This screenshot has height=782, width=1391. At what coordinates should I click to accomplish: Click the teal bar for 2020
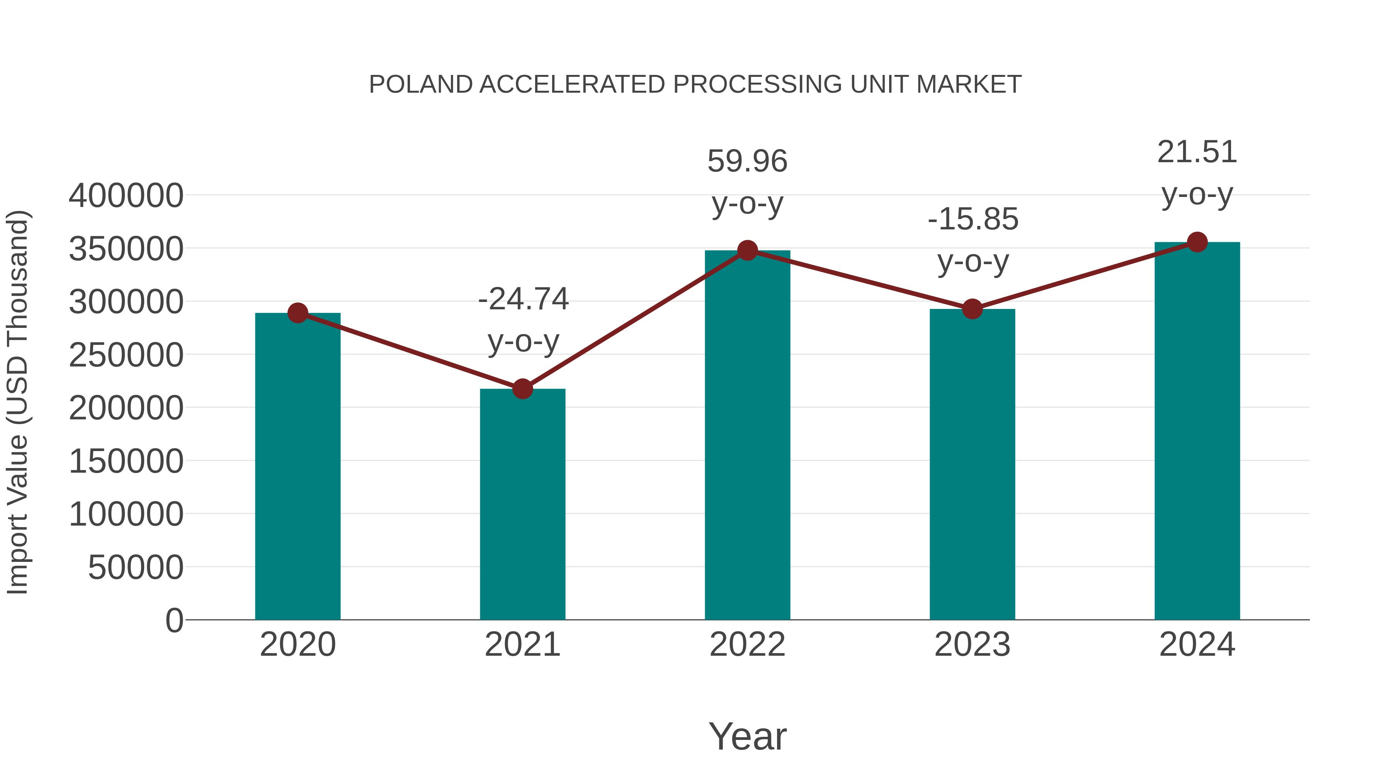click(x=298, y=467)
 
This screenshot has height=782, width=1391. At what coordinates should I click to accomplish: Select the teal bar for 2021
click(x=522, y=505)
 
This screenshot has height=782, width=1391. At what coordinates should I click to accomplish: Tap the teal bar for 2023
click(x=972, y=464)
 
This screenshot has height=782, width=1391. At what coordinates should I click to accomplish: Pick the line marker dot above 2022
click(x=747, y=250)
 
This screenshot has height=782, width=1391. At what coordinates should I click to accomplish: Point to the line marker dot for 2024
click(x=1197, y=242)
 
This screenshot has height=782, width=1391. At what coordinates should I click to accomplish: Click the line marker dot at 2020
click(x=298, y=313)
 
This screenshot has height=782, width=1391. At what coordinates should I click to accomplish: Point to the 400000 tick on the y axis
click(x=126, y=196)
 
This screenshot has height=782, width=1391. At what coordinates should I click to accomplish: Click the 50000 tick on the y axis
click(x=136, y=568)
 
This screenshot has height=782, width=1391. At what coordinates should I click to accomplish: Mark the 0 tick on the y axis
click(x=174, y=621)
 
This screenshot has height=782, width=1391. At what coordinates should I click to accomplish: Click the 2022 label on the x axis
click(x=747, y=645)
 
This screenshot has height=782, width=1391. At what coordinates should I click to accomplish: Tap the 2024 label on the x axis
click(x=1197, y=645)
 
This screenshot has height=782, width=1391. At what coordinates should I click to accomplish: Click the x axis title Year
click(x=747, y=736)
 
